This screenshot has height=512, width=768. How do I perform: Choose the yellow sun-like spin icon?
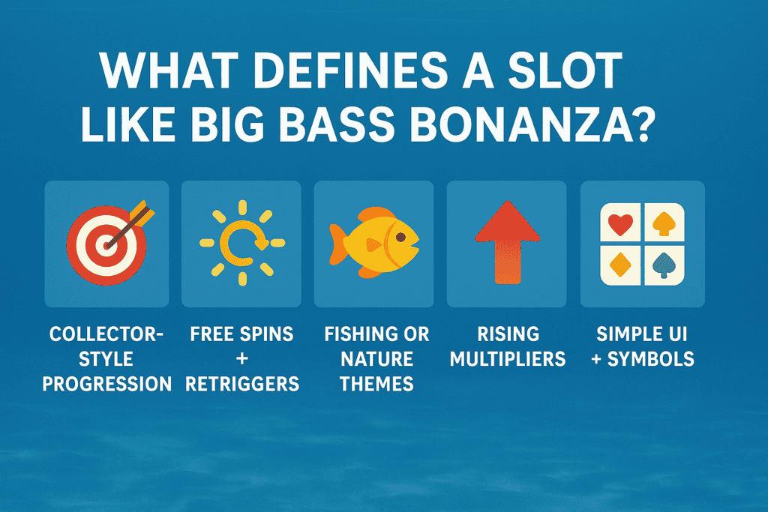click(241, 242)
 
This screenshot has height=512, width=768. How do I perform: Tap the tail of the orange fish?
click(338, 247)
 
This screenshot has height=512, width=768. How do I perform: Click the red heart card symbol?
click(622, 223)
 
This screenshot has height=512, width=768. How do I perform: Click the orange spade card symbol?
click(663, 223)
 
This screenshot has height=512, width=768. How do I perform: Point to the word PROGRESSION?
click(106, 384)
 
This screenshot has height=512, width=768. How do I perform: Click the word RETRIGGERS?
click(241, 384)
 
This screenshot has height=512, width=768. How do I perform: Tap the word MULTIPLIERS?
click(507, 358)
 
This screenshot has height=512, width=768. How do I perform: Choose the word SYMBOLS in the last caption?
click(650, 358)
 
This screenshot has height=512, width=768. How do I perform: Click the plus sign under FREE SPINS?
click(241, 358)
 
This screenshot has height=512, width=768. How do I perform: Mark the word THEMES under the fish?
click(376, 384)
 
